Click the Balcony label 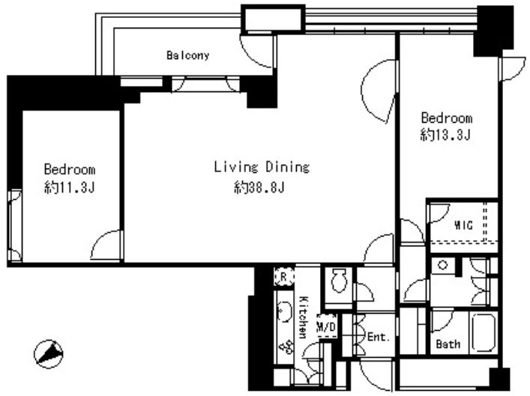[x=188, y=55]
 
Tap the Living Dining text [x=262, y=167]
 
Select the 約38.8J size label [x=259, y=187]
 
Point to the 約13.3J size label [x=445, y=135]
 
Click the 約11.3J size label [x=69, y=187]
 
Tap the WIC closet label [x=463, y=225]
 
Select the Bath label [x=448, y=344]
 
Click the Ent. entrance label [x=379, y=337]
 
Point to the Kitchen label [x=304, y=317]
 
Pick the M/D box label [x=327, y=326]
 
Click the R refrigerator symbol [x=283, y=277]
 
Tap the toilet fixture [x=338, y=281]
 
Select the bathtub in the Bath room [x=484, y=333]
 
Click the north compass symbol [x=48, y=354]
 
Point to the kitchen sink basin [x=284, y=311]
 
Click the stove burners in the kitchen [x=286, y=346]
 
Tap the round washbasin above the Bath [x=442, y=265]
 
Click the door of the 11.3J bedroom [x=106, y=245]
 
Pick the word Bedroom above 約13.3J [x=447, y=118]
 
